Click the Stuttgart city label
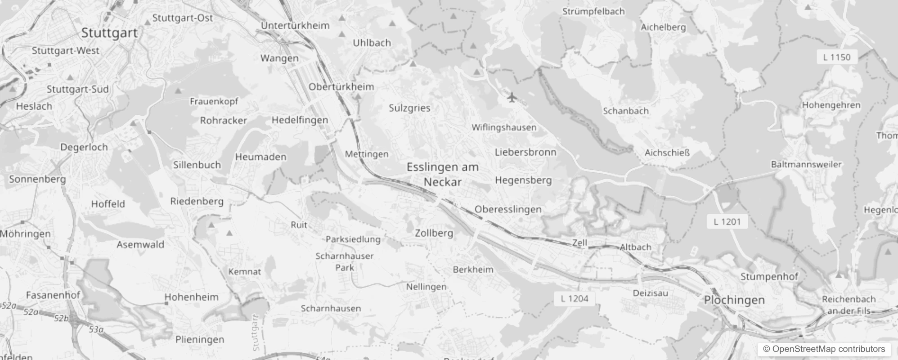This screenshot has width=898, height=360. (109, 33)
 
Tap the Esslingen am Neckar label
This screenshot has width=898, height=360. (443, 174)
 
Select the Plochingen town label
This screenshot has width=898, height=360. (734, 300)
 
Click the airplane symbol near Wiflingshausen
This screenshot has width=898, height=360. (511, 97)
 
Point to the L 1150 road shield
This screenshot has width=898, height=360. (837, 57)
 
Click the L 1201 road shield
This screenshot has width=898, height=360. (727, 221)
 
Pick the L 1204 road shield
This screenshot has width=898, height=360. (575, 298)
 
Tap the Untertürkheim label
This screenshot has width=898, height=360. (295, 26)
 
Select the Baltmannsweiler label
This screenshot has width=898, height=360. (806, 164)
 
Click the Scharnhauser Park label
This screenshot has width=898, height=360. (345, 261)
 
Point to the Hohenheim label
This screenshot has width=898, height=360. (191, 297)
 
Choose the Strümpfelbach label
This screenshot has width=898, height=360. (593, 12)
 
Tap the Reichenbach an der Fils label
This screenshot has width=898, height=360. (849, 305)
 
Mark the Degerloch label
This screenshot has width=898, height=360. (84, 147)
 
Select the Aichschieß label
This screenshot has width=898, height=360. (667, 153)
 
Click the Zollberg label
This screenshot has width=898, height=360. (434, 233)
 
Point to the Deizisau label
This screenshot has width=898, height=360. (650, 293)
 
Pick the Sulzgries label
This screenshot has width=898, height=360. (409, 108)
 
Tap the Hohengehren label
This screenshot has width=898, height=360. (831, 105)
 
